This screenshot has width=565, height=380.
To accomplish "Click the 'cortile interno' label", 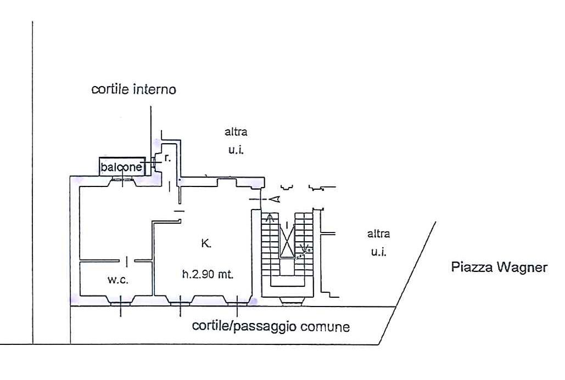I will click(x=133, y=89).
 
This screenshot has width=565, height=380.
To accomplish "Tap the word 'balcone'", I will click(x=121, y=167).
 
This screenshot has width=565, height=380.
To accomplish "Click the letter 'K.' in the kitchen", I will click(x=206, y=244).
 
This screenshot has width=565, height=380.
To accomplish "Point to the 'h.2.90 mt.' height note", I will click(x=208, y=275).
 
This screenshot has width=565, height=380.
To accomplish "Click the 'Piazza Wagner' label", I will click(x=498, y=268).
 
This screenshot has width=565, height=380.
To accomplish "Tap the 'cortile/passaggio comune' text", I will click(x=271, y=327).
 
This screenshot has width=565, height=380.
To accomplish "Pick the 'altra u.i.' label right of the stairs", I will click(x=378, y=243).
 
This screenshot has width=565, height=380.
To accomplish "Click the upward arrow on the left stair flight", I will click(x=269, y=218).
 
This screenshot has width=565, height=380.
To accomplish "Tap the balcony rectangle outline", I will click(x=122, y=160).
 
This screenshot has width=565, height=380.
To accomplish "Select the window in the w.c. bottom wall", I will click(x=121, y=300).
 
